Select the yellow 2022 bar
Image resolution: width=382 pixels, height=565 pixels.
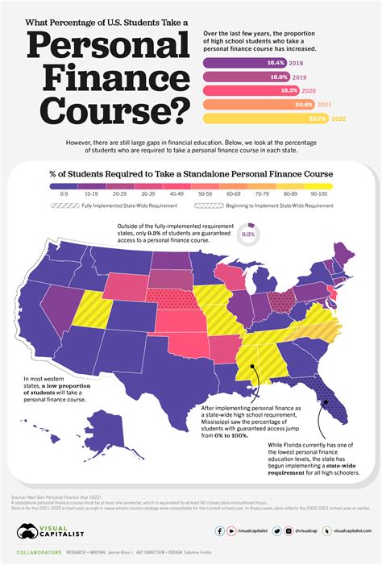[258, 118]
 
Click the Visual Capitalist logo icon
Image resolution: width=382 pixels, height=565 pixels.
[26, 531]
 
